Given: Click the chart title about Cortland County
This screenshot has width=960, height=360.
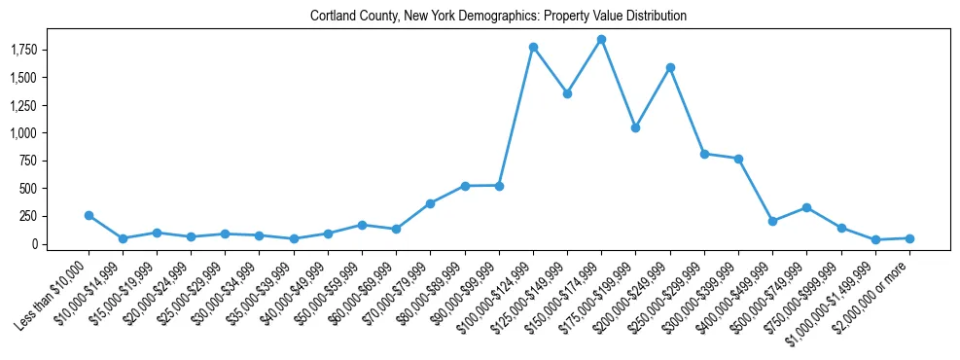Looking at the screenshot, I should click(498, 17).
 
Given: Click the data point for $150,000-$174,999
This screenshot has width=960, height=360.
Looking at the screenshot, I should click(601, 39).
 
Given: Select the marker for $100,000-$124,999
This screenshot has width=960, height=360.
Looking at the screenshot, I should click(533, 47).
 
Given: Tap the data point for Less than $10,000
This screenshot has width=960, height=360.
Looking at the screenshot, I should click(89, 215).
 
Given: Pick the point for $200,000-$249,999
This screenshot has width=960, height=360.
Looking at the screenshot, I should click(670, 67).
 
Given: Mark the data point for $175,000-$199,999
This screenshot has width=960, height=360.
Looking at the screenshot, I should click(635, 127).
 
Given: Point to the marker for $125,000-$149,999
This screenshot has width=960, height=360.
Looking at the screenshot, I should click(567, 93).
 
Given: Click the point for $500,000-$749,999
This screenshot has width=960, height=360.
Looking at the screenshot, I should click(806, 207).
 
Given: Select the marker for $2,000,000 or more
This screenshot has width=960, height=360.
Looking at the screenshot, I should click(909, 238).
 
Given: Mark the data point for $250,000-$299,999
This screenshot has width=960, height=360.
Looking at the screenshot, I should click(704, 154).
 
